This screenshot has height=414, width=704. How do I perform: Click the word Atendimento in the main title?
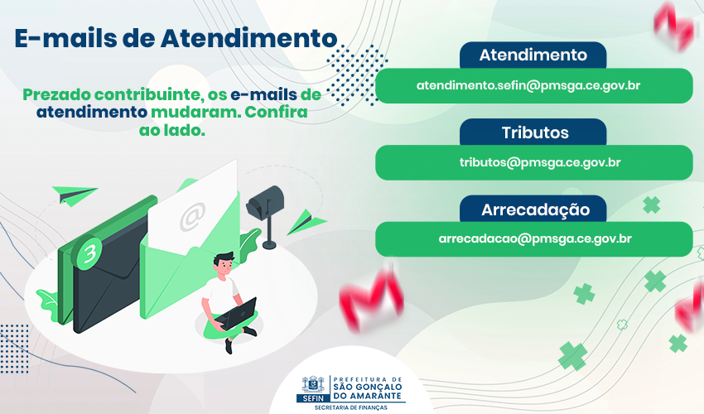coord(248,38)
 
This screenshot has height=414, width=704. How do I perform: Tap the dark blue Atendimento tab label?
coord(533,55)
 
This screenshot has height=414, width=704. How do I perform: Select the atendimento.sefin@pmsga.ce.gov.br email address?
coord(528,85)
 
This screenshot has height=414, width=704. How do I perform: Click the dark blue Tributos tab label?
coord(535,132)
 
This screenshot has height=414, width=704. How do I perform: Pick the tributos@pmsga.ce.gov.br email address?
coord(540,162)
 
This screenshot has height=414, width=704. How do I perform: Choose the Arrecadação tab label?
coord(535,209)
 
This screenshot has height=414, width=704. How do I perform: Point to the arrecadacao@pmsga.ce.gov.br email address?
coord(535,238)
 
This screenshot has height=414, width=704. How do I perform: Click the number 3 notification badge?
coord(88,252)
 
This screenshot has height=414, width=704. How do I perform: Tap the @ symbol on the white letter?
coord(193,216)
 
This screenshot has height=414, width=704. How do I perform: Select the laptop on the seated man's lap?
coord(236,314)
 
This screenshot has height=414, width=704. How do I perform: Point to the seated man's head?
coord(224,265)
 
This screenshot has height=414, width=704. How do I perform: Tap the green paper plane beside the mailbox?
coord(306,222)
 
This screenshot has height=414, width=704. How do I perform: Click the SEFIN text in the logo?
coord(313,398)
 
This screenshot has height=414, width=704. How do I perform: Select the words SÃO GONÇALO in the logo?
coord(367,387)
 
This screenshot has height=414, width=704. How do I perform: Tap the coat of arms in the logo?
coord(313,385)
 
